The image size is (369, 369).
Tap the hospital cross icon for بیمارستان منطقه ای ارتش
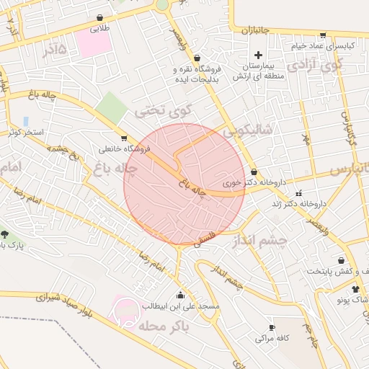[258, 55]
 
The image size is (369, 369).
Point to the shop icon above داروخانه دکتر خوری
[254, 172]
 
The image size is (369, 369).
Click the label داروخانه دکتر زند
[299, 204]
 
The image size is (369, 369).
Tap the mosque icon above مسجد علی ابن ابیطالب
[179, 295]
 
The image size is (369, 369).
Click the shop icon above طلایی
[99, 18]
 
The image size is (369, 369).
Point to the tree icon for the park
[5, 234]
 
